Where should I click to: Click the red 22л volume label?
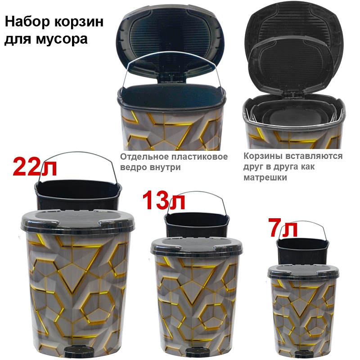pyautogui.click(x=35, y=167)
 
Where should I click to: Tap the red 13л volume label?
pyautogui.click(x=164, y=201)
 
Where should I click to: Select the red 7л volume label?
pyautogui.click(x=283, y=228)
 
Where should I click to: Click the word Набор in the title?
pyautogui.click(x=27, y=22)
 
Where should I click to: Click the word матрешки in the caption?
pyautogui.click(x=265, y=177)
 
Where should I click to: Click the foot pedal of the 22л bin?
pyautogui.click(x=76, y=353)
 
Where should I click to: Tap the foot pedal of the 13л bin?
pyautogui.click(x=197, y=354)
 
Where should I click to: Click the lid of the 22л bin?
pyautogui.click(x=78, y=222)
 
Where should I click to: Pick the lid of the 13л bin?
pyautogui.click(x=197, y=247)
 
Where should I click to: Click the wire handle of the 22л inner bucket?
pyautogui.click(x=77, y=152)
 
